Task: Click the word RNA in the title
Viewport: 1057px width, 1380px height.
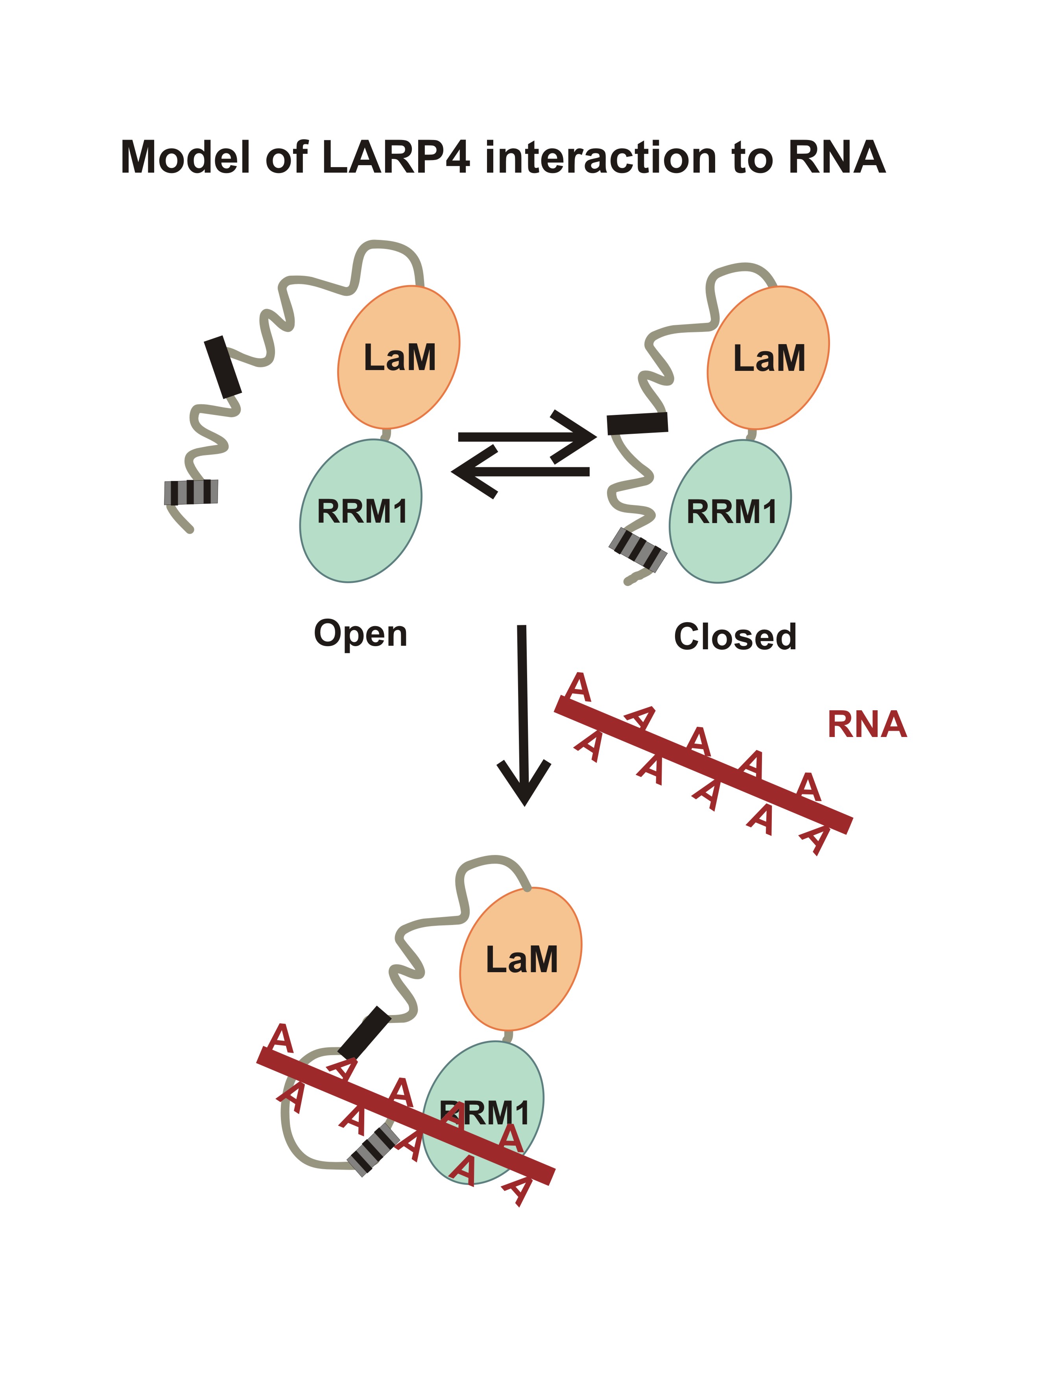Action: (836, 157)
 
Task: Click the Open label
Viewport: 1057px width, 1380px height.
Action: (360, 634)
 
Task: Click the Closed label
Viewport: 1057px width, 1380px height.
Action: (735, 637)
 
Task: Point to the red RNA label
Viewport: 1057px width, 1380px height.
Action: (867, 724)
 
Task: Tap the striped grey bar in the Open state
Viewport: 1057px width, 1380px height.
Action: (191, 492)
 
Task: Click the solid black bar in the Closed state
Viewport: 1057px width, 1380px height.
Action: (637, 423)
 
